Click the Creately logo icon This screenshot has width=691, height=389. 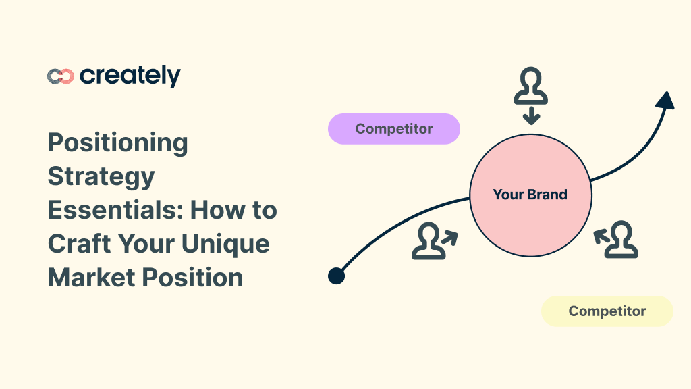coord(60,76)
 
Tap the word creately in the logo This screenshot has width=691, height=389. coord(130,76)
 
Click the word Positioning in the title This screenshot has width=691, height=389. coord(118,142)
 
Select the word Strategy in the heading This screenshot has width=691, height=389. coord(101,176)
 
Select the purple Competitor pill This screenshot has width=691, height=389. coord(394,129)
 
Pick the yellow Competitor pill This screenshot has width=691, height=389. coord(607,311)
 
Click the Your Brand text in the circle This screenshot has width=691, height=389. coord(530,195)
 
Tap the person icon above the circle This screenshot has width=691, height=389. coord(531,84)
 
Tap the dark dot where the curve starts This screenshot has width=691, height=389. coord(336,276)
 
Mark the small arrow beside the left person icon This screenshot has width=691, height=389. coord(449,237)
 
